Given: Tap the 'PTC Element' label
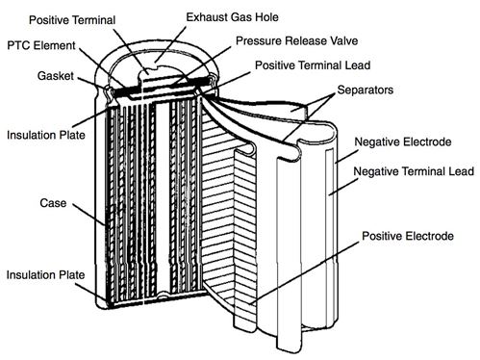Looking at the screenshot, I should pos(40,44).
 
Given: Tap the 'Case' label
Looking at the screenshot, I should pos(24,204).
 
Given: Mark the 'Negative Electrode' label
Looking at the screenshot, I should pos(402,142).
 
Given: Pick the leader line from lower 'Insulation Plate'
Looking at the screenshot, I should pos(91,286).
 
